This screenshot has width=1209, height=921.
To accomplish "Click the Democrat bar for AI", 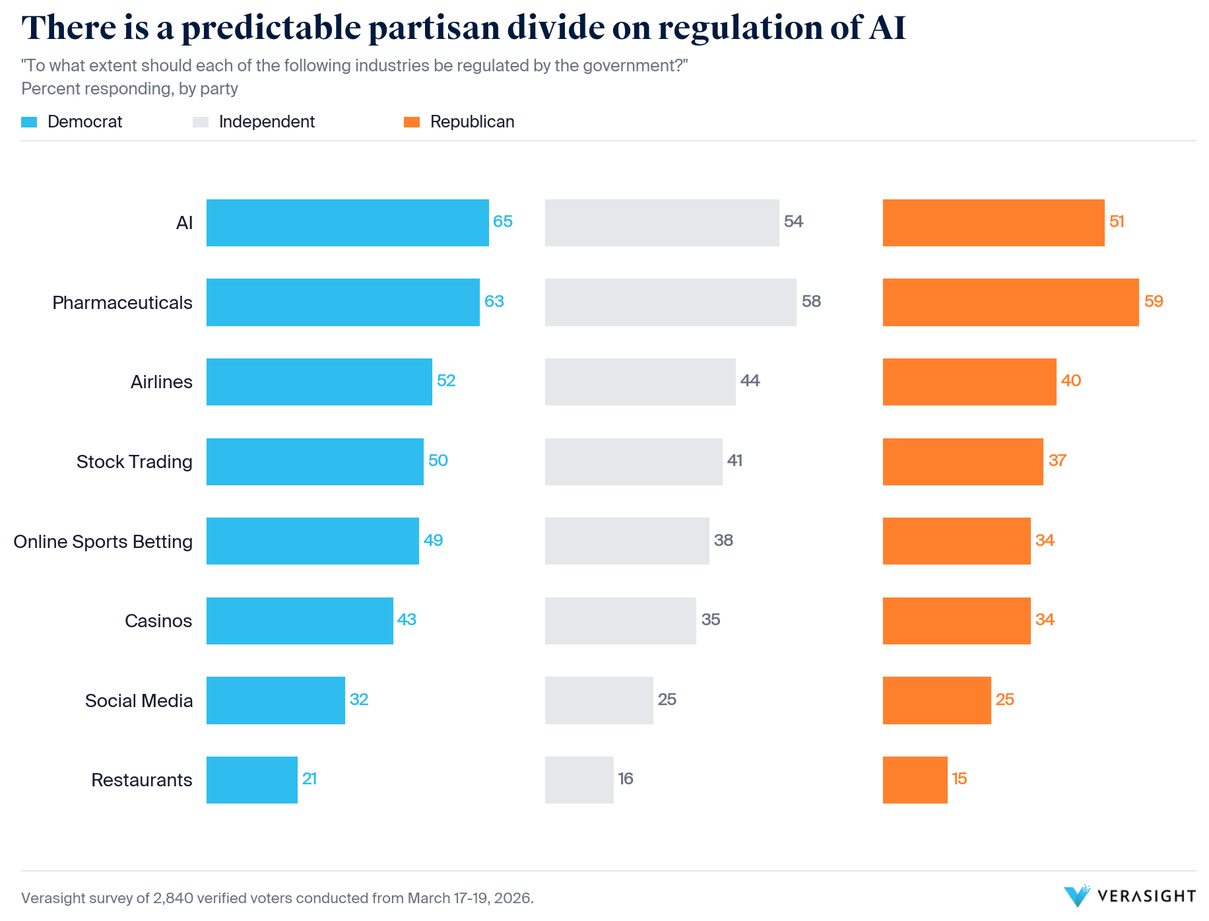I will pyautogui.click(x=347, y=222).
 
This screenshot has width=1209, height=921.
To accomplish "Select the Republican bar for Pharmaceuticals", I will pyautogui.click(x=1010, y=302).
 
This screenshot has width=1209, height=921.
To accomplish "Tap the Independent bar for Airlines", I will pyautogui.click(x=640, y=382).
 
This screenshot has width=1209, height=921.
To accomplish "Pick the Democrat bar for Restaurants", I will pyautogui.click(x=251, y=780).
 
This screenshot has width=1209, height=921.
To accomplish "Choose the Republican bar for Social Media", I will pyautogui.click(x=936, y=700).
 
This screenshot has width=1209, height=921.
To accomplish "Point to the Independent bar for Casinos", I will pyautogui.click(x=620, y=621).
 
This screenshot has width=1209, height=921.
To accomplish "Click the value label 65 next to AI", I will pyautogui.click(x=503, y=222).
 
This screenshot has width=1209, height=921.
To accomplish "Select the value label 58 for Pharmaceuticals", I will pyautogui.click(x=811, y=302).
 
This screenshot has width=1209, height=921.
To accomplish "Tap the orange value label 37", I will pyautogui.click(x=1057, y=461).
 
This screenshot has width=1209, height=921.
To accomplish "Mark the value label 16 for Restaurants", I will pyautogui.click(x=626, y=779).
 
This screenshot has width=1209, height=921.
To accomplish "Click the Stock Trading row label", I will pyautogui.click(x=135, y=461).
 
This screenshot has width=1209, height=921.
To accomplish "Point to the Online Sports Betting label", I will pyautogui.click(x=103, y=541).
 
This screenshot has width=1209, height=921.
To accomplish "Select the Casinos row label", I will pyautogui.click(x=158, y=621).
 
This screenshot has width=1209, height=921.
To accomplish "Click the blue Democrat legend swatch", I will pyautogui.click(x=29, y=122).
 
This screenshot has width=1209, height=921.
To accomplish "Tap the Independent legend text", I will pyautogui.click(x=267, y=122).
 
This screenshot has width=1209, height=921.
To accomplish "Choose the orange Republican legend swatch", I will pyautogui.click(x=412, y=122).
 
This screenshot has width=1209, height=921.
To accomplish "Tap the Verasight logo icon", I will pyautogui.click(x=1077, y=896).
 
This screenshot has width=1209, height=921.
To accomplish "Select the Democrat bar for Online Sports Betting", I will pyautogui.click(x=312, y=541).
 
